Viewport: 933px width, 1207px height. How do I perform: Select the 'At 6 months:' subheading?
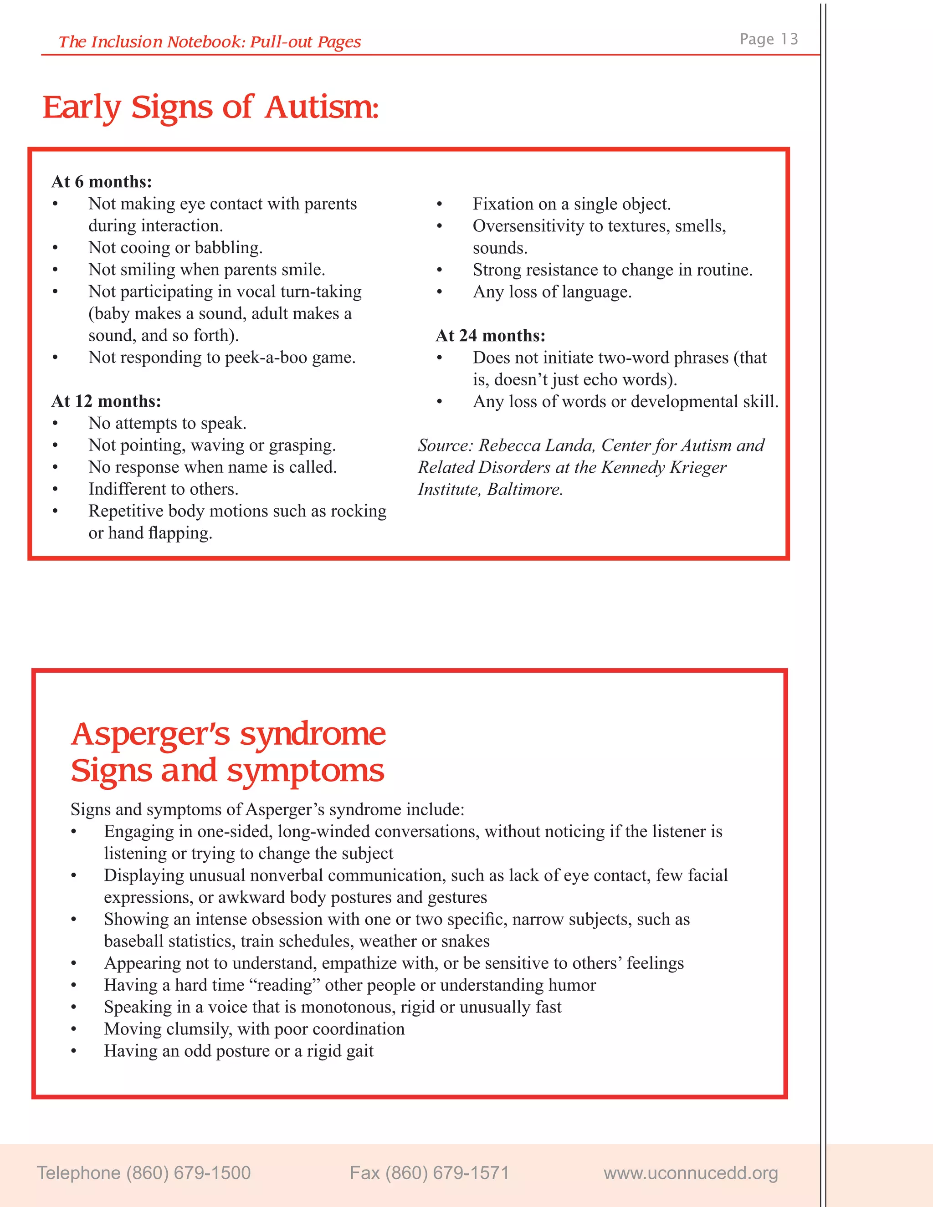pyautogui.click(x=102, y=181)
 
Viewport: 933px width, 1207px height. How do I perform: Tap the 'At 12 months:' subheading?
pyautogui.click(x=106, y=401)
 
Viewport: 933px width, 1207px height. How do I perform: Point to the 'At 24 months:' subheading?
pyautogui.click(x=490, y=336)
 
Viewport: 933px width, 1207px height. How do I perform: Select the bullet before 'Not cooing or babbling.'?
pyautogui.click(x=55, y=248)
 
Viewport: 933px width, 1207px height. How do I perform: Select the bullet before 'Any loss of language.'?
pyautogui.click(x=440, y=292)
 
